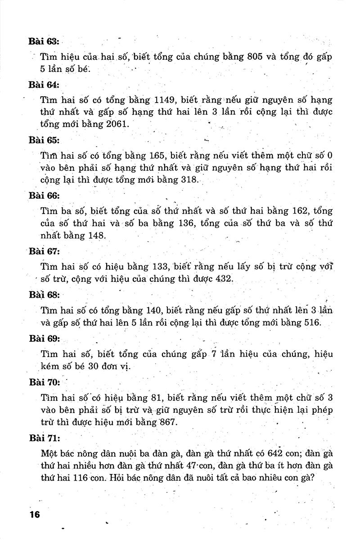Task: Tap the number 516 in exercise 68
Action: [x=309, y=322]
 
